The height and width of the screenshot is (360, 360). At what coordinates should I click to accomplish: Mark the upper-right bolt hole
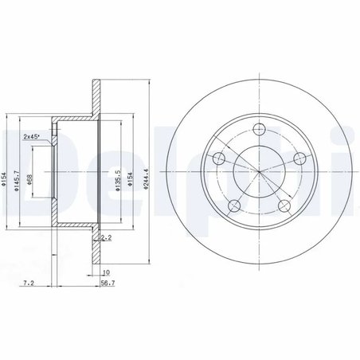[x=301, y=158]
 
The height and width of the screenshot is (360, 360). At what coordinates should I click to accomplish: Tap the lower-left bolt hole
[x=234, y=207]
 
